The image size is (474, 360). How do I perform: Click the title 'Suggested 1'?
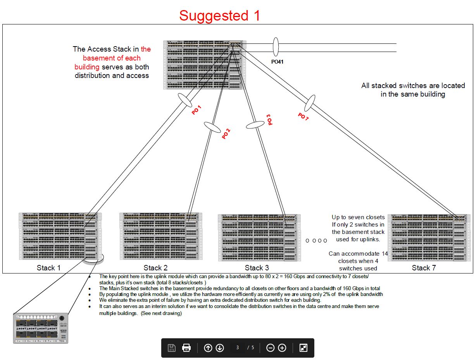point(219,16)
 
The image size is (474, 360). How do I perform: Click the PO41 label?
point(277,61)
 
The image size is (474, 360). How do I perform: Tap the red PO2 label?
point(226,133)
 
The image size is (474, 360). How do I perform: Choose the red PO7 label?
point(303,117)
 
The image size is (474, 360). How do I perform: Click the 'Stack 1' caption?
point(48,268)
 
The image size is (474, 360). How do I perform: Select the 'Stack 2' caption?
point(155,268)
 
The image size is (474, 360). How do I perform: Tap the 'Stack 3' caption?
point(257,268)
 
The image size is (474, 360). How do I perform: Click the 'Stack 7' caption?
point(424,268)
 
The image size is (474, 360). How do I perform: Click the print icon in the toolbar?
point(186,348)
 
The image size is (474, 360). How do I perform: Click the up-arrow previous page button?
point(208,348)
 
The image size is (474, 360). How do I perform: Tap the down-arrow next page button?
point(220,348)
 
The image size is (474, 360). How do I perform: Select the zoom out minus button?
point(271,348)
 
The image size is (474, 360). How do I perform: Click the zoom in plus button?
point(282,348)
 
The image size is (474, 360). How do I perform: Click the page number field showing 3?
point(238,348)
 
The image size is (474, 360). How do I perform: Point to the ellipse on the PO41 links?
point(276,47)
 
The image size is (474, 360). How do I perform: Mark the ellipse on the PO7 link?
point(309,103)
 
